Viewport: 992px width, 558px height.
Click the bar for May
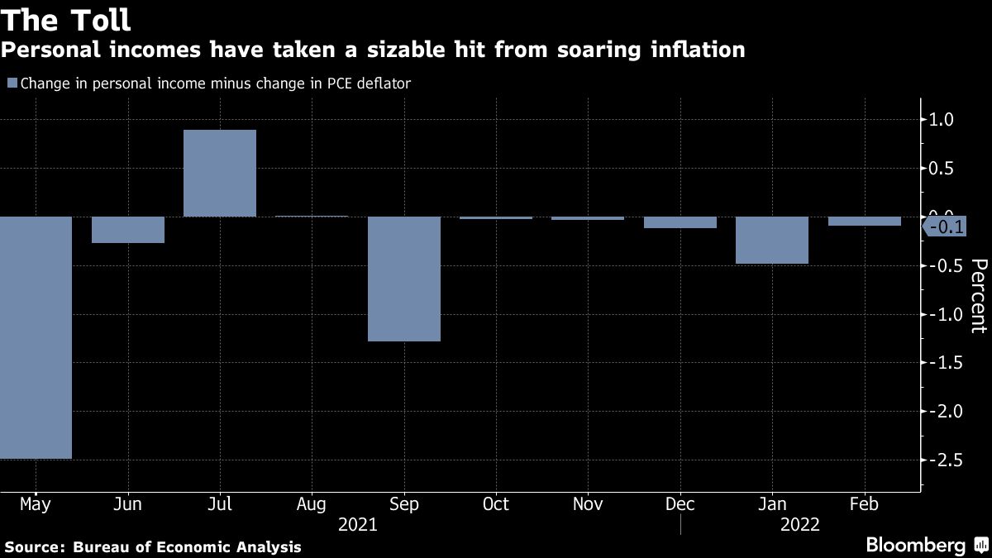pyautogui.click(x=36, y=337)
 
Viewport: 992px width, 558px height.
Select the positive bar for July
pyautogui.click(x=220, y=174)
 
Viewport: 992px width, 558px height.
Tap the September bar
pyautogui.click(x=403, y=279)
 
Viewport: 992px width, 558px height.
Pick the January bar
pyautogui.click(x=772, y=241)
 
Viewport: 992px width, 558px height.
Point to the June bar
pyautogui.click(x=128, y=230)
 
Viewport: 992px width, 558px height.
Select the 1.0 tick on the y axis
pyautogui.click(x=942, y=120)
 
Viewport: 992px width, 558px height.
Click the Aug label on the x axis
pyautogui.click(x=312, y=504)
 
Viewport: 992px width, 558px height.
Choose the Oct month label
pyautogui.click(x=496, y=504)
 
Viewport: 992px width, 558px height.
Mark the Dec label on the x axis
pyautogui.click(x=680, y=504)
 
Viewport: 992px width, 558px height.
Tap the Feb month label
pyautogui.click(x=864, y=504)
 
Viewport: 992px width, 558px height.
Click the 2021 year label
pyautogui.click(x=358, y=525)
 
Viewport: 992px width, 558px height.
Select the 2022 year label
pyautogui.click(x=799, y=525)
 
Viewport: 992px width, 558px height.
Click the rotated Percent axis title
pyautogui.click(x=978, y=295)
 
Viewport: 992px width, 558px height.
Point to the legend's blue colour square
pyautogui.click(x=12, y=83)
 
